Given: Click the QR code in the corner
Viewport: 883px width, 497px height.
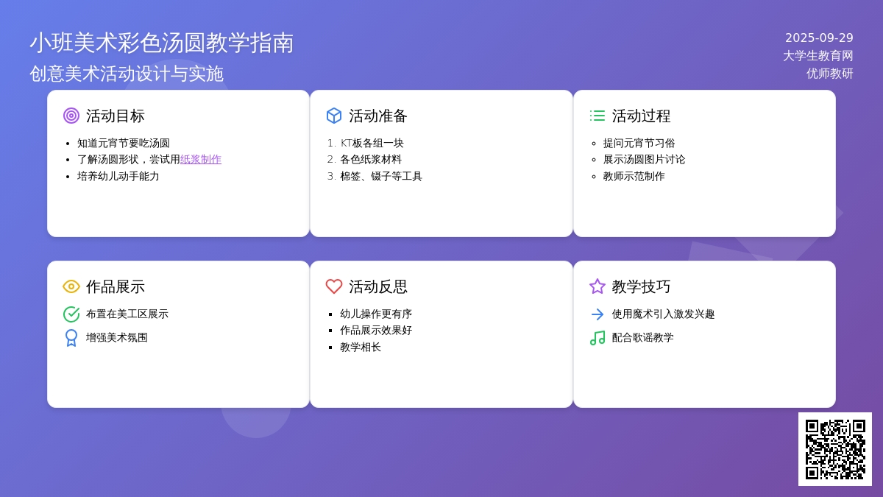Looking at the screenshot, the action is (x=835, y=449).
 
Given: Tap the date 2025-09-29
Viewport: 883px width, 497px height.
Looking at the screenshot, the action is (x=819, y=38).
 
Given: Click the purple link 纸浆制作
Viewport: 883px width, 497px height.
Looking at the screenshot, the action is (x=201, y=159).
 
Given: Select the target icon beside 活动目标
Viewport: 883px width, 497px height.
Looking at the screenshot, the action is (x=71, y=116).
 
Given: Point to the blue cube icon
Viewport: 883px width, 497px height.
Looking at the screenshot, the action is (x=334, y=116).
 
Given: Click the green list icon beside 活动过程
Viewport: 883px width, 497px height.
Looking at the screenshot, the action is (x=597, y=116).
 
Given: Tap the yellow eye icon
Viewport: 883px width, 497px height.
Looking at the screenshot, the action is (x=71, y=286).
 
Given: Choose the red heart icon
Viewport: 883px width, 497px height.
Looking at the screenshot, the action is (x=334, y=286).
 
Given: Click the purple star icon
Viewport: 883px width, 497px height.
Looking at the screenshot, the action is (x=597, y=286).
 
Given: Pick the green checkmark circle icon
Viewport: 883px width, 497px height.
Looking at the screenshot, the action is (x=71, y=314).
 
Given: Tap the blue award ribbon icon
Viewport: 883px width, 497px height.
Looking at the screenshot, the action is (x=71, y=338).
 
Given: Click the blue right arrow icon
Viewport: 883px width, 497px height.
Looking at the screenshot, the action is (x=597, y=314).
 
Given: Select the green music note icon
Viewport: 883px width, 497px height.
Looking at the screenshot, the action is (x=597, y=338).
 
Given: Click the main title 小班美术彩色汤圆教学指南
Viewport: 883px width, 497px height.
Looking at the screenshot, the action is (x=162, y=43).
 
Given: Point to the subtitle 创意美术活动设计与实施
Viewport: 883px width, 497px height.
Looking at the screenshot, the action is (x=127, y=74).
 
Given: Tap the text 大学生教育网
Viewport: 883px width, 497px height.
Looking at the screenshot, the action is (x=818, y=56).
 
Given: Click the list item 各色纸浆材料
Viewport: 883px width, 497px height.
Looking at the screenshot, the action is (x=371, y=159).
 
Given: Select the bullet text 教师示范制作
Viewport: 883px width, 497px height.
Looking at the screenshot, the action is (x=634, y=176).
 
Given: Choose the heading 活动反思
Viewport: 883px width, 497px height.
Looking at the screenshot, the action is (x=378, y=286).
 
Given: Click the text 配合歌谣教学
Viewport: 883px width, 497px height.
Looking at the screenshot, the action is (x=642, y=338).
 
